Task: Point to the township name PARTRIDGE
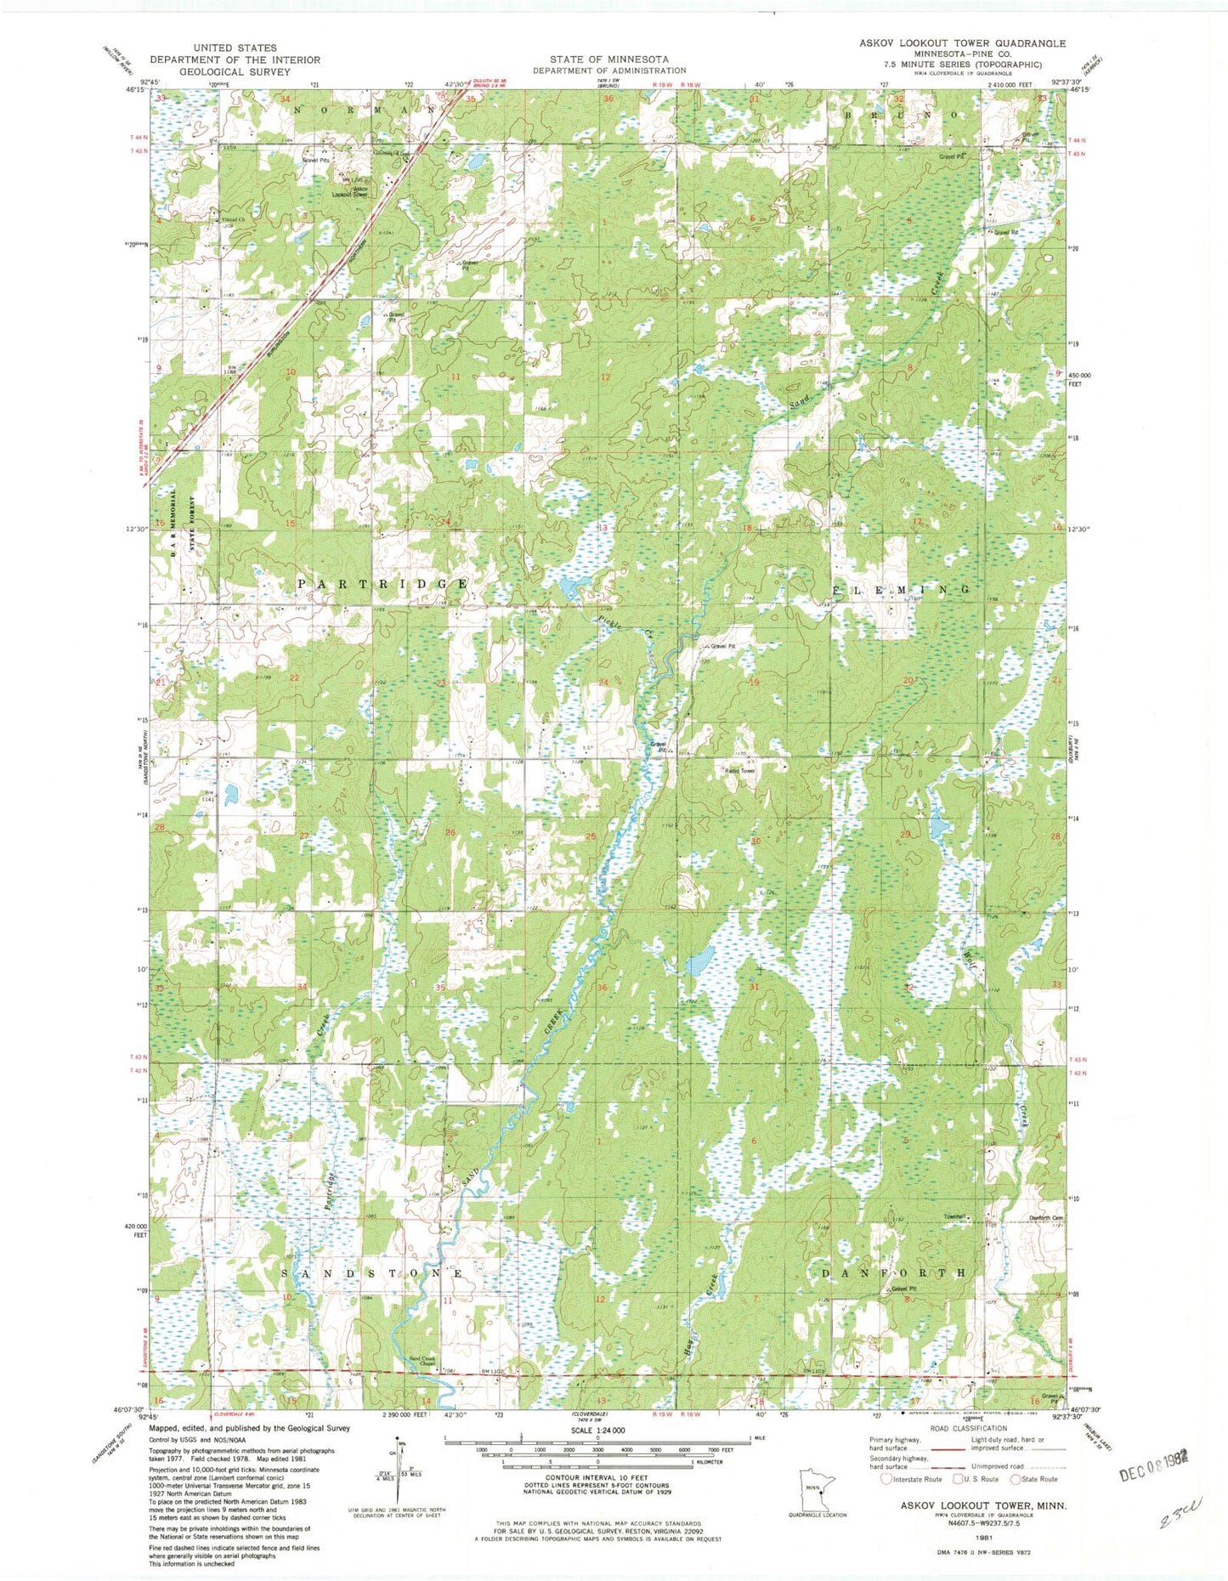coord(382,585)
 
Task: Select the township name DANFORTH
coord(894,1272)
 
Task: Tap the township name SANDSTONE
coord(372,1274)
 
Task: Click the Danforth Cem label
coord(1046,1217)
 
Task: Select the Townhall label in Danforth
coord(955,1217)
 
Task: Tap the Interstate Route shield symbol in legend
coord(886,1479)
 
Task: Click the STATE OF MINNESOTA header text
coord(608,59)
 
